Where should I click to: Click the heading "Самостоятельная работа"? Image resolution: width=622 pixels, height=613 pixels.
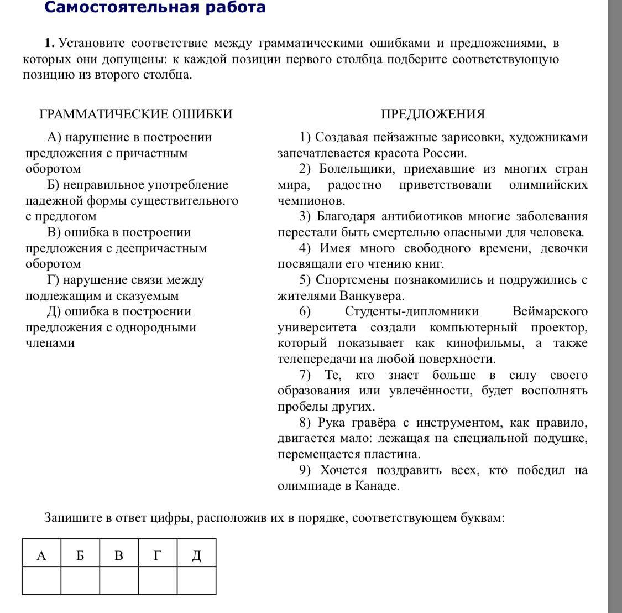(x=155, y=7)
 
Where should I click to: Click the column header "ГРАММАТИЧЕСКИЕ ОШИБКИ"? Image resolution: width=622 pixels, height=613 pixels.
(x=136, y=114)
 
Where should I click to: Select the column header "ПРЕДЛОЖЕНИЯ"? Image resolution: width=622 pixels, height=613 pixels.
(x=432, y=114)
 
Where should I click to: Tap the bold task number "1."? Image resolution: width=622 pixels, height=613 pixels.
(x=50, y=43)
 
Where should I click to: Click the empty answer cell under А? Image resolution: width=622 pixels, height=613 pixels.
(x=41, y=580)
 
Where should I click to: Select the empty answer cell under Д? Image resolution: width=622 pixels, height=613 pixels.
(x=196, y=580)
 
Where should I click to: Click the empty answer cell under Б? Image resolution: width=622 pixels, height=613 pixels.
(x=80, y=580)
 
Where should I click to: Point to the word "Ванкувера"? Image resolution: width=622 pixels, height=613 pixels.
(x=372, y=296)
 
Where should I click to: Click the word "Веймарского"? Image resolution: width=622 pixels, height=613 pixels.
(x=550, y=311)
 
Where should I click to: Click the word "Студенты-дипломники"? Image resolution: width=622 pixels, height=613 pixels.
(x=411, y=311)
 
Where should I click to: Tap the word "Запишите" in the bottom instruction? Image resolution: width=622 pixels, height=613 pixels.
(x=70, y=518)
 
